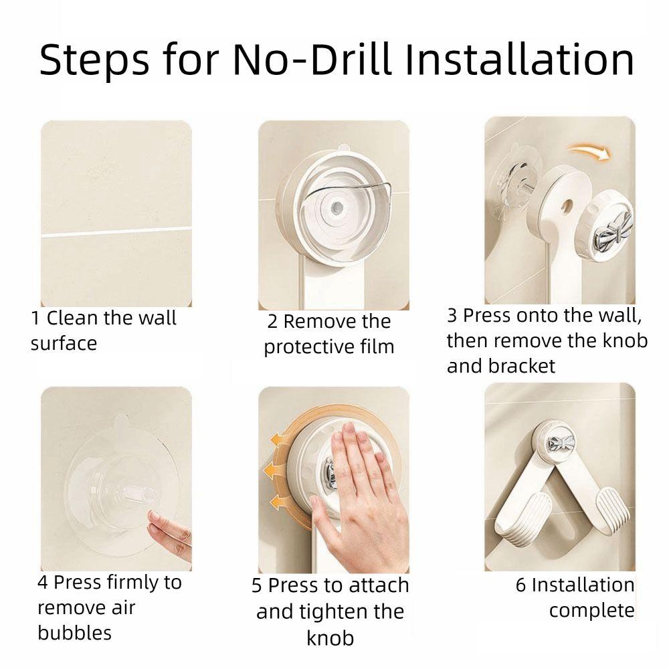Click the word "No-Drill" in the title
(312, 60)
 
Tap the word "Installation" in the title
(519, 60)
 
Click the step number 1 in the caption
(35, 318)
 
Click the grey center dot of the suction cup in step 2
(337, 208)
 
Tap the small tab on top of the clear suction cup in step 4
(121, 420)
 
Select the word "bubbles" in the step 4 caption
(75, 632)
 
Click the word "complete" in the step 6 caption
(592, 611)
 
